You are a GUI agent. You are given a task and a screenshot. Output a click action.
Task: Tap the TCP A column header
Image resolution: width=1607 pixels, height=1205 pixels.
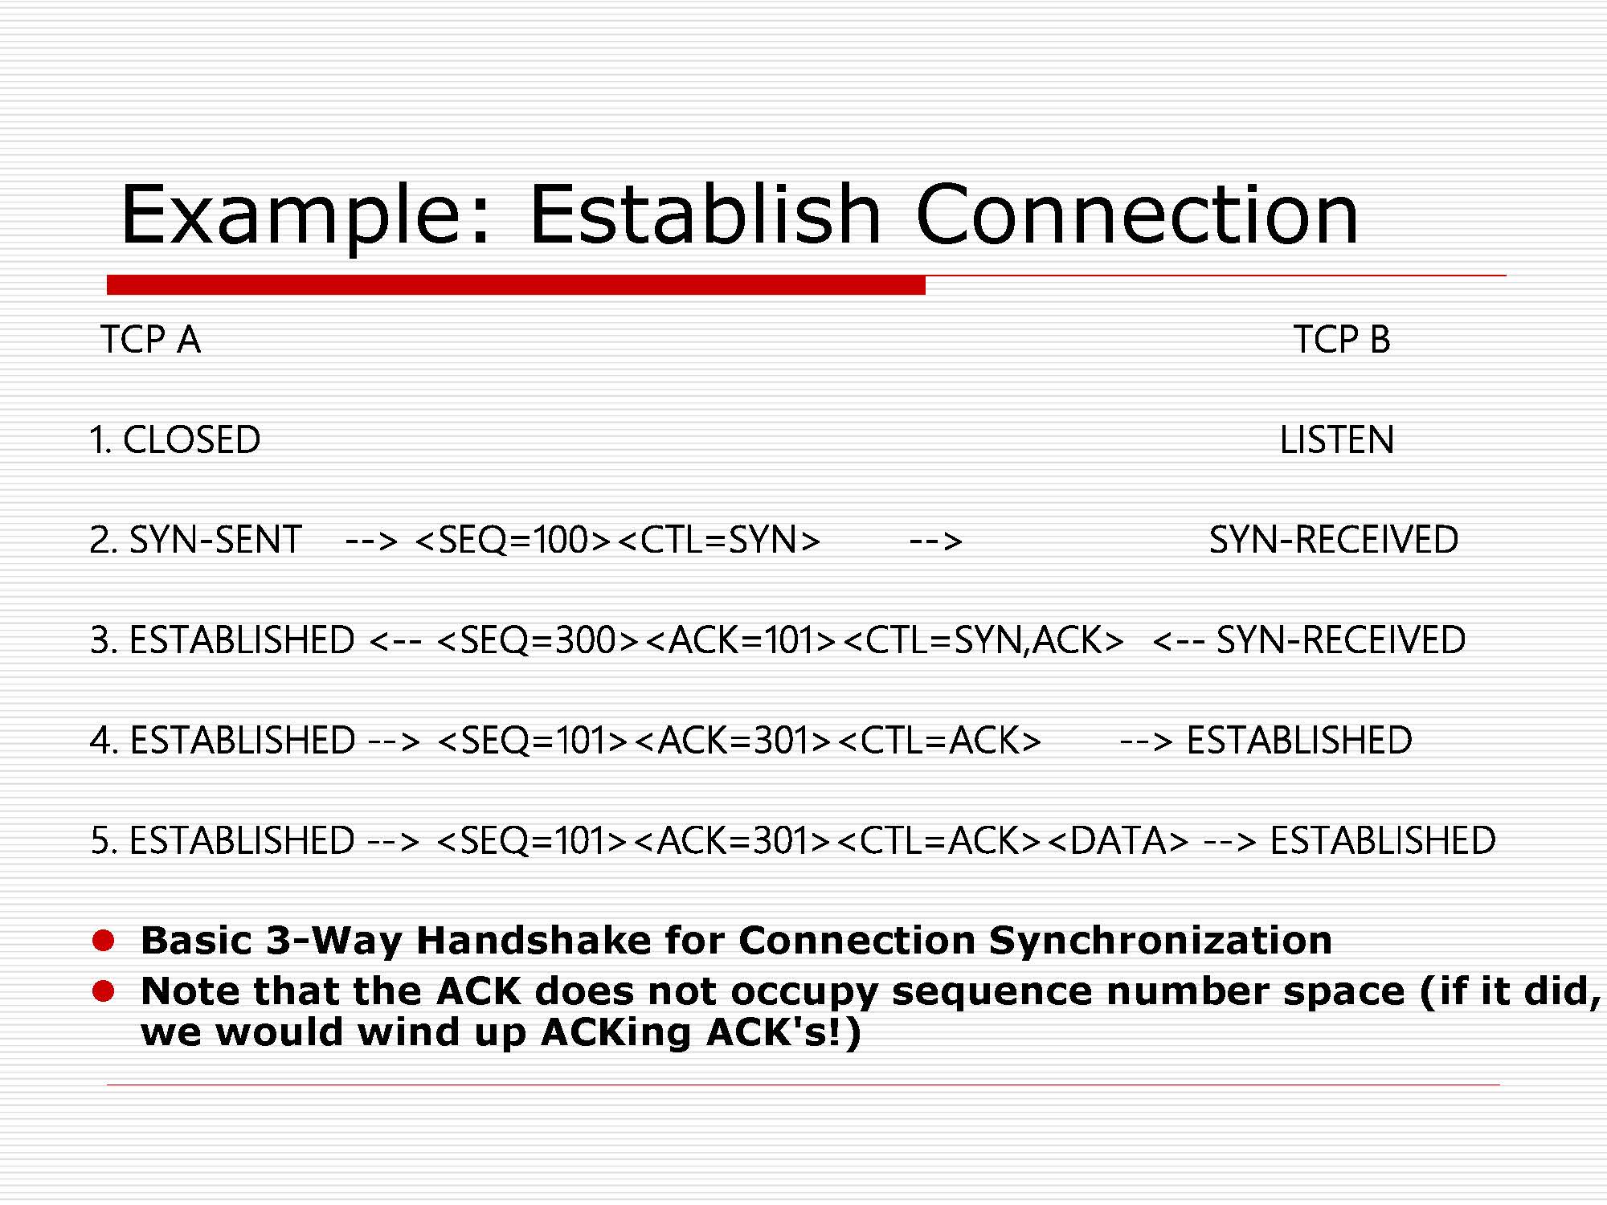point(150,339)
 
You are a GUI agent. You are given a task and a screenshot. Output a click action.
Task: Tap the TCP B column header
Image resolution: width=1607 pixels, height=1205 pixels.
point(1342,339)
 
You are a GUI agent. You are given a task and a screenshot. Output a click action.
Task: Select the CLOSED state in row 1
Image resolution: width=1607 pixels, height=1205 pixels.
point(191,440)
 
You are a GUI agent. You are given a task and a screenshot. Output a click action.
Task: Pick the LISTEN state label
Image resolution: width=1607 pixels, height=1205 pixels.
point(1337,440)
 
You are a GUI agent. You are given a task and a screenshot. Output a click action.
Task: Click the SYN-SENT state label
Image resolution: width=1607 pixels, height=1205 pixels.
point(215,540)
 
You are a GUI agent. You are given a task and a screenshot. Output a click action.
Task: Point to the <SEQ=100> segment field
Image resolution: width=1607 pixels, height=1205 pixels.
point(514,540)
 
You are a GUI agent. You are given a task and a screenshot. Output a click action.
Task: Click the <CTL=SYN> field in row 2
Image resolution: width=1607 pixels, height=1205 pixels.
point(719,540)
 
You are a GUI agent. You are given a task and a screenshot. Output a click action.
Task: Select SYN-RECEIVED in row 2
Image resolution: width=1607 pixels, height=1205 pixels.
point(1334,540)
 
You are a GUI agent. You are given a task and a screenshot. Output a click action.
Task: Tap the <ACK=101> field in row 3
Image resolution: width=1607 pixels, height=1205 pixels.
point(741,640)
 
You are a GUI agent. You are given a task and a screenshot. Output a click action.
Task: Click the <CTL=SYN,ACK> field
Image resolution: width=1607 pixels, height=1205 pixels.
point(983,640)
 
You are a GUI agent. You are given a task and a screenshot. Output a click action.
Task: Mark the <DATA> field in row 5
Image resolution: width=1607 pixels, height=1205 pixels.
point(1118,841)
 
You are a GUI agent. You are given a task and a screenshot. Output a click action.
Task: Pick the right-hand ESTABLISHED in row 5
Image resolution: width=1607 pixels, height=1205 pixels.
point(1383,841)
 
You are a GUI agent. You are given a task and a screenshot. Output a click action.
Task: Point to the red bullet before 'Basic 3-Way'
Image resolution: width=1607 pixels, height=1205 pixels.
point(104,941)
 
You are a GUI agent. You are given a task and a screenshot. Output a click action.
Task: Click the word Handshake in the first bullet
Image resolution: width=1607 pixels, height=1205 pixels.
point(534,941)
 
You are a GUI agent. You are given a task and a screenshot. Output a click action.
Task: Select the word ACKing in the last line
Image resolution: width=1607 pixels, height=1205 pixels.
point(615,1033)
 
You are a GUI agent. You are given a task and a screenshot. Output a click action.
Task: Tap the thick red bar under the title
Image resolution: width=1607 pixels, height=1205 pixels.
point(516,284)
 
